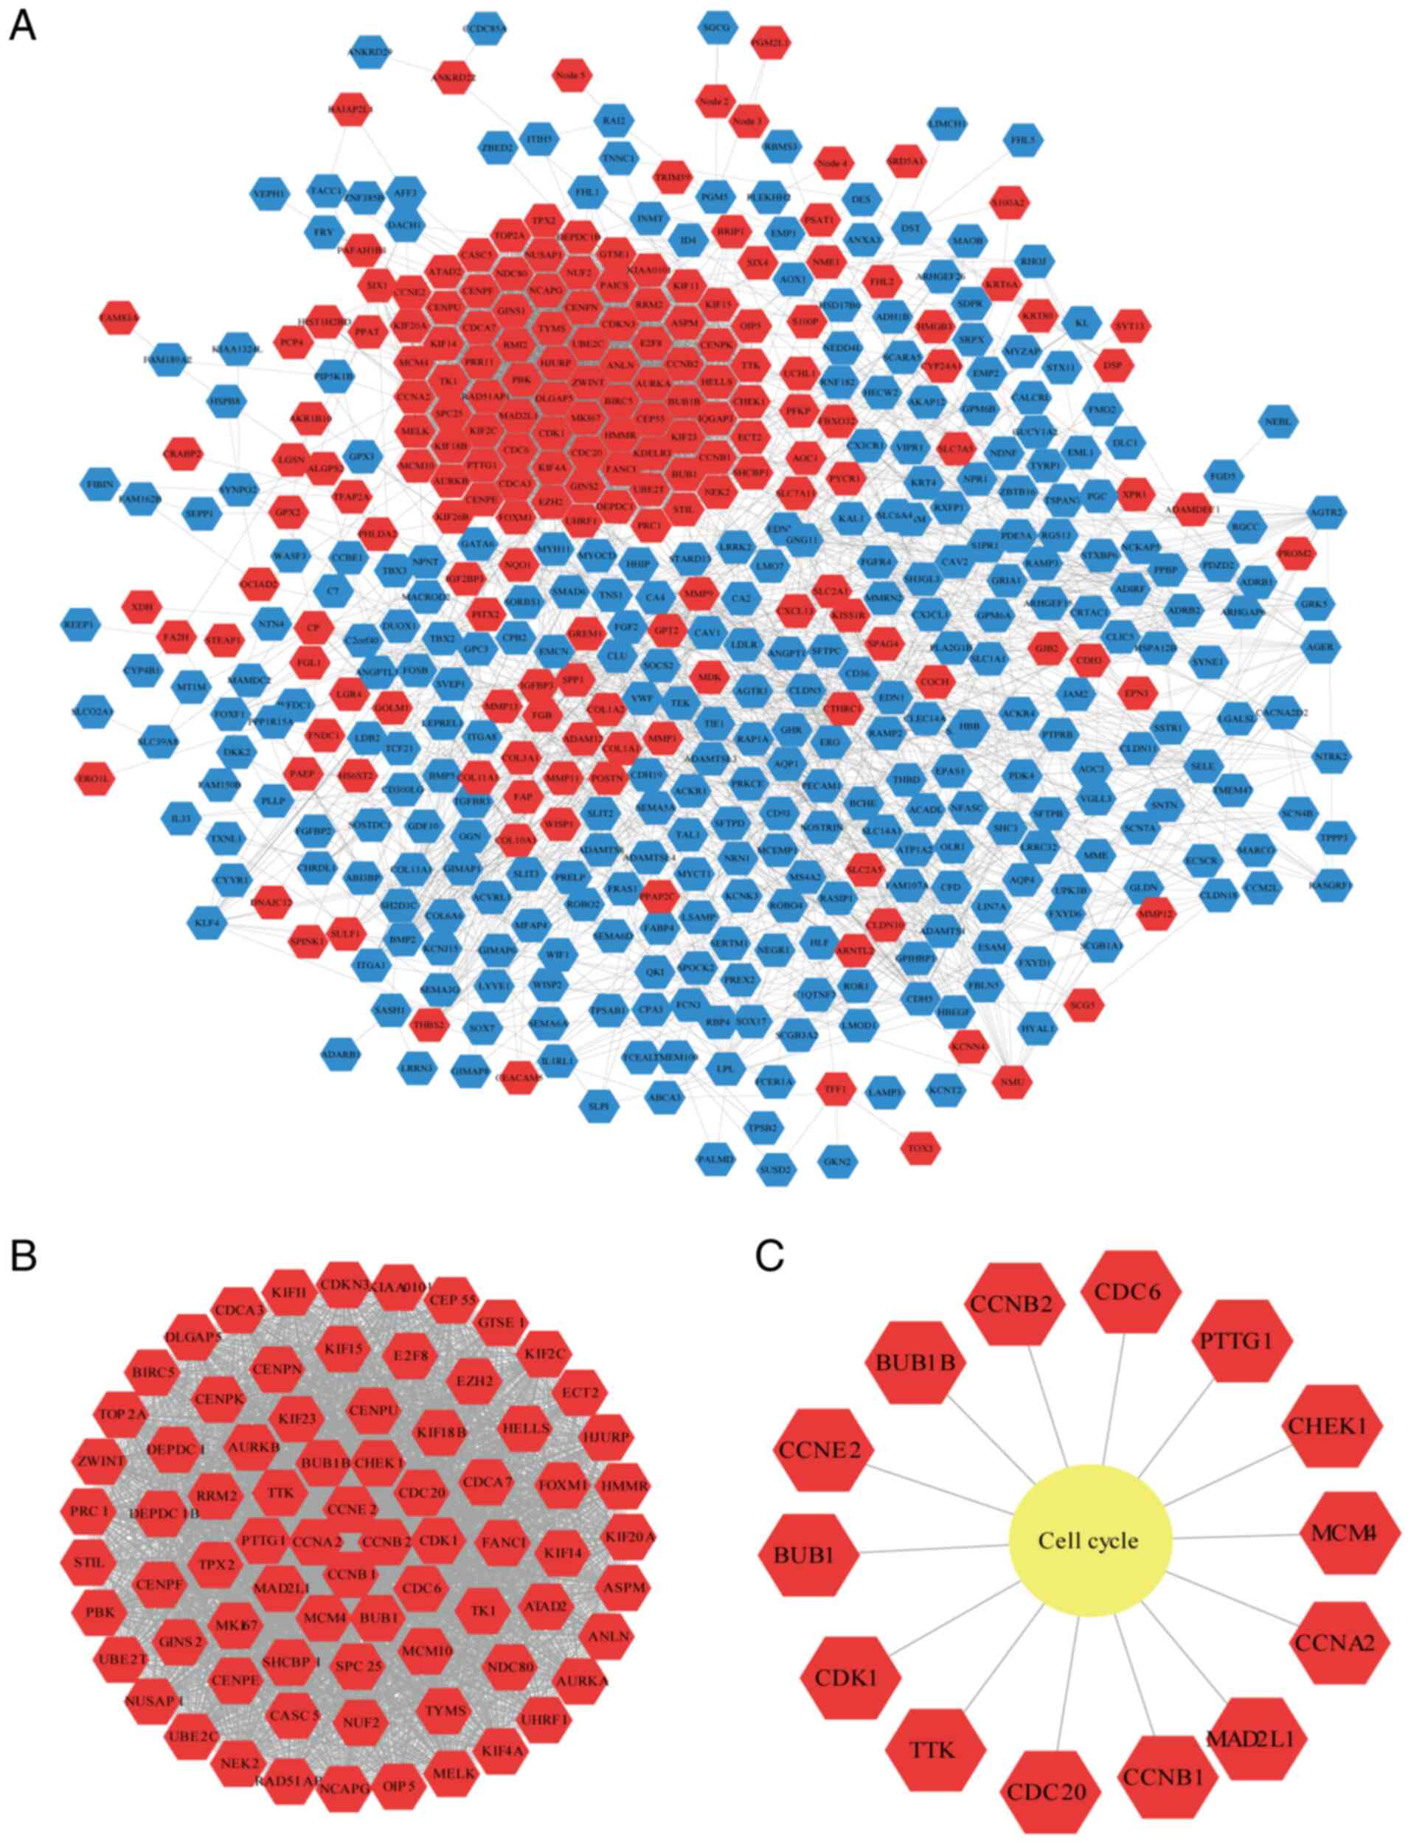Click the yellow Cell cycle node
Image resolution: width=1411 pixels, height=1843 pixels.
(1089, 1540)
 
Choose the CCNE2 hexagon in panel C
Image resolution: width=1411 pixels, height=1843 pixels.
(825, 1449)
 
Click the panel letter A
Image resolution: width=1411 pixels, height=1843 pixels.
(23, 26)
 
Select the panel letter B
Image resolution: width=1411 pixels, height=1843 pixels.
(23, 1255)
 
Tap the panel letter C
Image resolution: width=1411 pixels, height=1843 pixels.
(769, 1255)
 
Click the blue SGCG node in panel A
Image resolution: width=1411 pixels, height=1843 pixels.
(715, 28)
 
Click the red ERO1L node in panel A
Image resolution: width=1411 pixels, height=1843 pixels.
(94, 777)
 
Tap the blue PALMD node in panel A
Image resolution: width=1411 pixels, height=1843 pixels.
(715, 1160)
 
